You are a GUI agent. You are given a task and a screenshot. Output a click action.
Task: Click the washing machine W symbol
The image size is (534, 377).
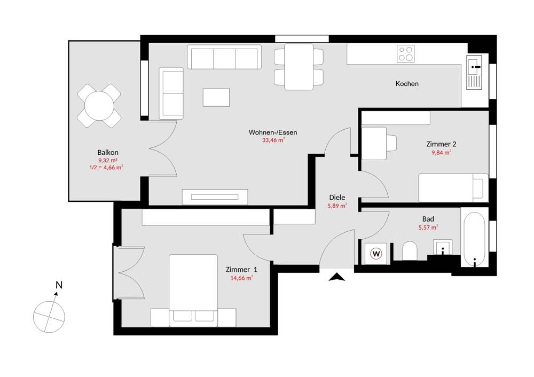376,253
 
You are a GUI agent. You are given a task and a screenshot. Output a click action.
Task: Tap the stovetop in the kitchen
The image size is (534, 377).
406,53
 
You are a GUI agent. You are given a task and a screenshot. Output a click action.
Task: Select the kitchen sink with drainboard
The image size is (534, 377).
474,72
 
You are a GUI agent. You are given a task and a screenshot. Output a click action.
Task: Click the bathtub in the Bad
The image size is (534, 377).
474,240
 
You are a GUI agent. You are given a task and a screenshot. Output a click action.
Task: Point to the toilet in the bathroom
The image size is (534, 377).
410,251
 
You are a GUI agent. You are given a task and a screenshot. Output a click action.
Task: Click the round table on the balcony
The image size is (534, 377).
99,106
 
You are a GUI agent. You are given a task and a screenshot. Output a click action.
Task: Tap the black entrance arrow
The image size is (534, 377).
337,277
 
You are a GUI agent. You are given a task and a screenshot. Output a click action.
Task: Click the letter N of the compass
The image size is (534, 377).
59,285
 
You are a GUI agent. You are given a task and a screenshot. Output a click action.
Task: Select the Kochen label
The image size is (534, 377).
407,83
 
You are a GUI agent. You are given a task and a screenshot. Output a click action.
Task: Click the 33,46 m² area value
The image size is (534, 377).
273,140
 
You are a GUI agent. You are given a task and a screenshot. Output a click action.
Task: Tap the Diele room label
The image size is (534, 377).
337,197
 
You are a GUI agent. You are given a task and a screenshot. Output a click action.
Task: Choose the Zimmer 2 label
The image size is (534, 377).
442,144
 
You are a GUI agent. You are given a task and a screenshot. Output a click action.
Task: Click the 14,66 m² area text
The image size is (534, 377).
242,278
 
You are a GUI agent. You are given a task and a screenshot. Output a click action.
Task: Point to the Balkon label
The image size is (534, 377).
108,152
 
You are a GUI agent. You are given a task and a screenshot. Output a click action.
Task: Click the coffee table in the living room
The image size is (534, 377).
216,97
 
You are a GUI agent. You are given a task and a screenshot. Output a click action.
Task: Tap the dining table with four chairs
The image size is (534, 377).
299,67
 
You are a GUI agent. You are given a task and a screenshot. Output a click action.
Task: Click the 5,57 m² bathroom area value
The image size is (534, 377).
428,227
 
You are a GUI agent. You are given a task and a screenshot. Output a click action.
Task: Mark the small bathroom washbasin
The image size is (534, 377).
443,247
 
